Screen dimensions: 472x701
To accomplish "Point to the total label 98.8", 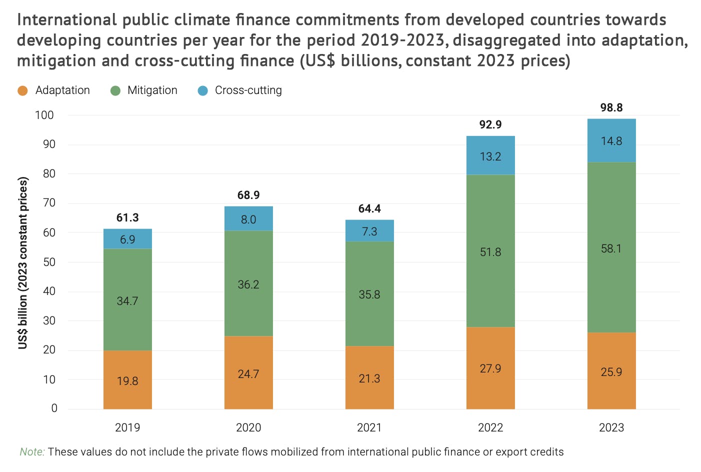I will (x=611, y=107).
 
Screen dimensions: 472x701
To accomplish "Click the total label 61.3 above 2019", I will (x=127, y=217).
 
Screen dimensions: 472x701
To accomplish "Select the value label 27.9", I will (x=490, y=368).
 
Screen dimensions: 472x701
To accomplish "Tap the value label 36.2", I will (x=248, y=284).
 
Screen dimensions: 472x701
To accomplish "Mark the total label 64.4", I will (x=369, y=208).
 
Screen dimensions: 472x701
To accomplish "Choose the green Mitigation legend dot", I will (x=115, y=90).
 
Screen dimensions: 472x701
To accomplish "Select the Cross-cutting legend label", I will (x=248, y=90).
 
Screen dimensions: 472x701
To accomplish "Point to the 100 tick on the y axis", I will (x=44, y=115).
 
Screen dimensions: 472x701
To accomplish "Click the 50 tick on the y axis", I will (x=49, y=262).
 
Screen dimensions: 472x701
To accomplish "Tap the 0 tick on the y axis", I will (x=54, y=408).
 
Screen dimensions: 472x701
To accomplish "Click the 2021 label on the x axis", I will (x=369, y=427).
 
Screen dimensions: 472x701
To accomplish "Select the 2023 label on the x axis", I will (x=611, y=427).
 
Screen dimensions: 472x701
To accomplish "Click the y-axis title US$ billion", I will (x=23, y=262).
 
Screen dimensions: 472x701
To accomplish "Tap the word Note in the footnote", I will (x=32, y=452).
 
